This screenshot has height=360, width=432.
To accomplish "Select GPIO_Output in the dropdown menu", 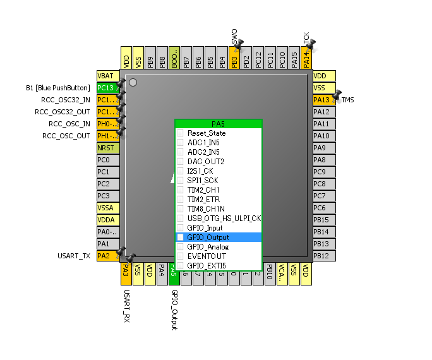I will coord(208,237).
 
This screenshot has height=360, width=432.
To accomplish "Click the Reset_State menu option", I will coord(207,133).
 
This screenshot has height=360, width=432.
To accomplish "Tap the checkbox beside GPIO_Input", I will coord(181,228).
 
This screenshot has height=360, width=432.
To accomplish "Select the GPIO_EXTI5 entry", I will coord(206,266).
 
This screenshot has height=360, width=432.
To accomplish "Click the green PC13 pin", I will coord(107,88).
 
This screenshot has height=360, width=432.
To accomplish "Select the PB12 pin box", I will coord(324,256).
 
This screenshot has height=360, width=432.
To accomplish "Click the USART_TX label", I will coord(75,256).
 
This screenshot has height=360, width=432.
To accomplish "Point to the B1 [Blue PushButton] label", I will coord(57,88).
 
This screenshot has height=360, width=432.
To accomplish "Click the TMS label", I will coord(347,100).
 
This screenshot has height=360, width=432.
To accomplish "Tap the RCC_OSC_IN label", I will coord(69,124).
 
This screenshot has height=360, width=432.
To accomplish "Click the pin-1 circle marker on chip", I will coord(133,82).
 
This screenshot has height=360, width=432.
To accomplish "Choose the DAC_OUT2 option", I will coord(206,162).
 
